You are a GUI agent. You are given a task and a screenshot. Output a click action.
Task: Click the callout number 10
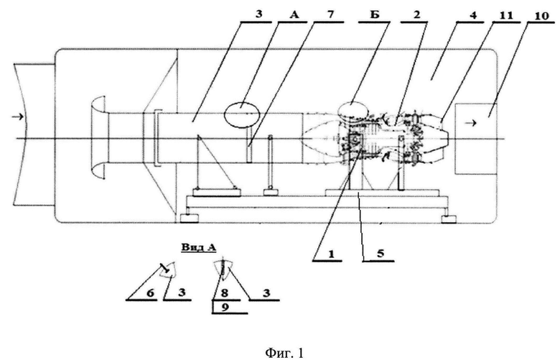point(542,16)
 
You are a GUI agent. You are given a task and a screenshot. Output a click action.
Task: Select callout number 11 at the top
point(506,15)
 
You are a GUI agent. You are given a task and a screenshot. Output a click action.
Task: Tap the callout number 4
point(474,16)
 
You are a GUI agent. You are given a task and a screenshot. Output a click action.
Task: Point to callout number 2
point(416,15)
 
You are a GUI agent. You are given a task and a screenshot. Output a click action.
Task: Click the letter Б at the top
point(375,15)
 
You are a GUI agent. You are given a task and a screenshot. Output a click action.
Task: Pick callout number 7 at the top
point(330,15)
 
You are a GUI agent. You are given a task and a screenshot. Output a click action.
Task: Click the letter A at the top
point(294,15)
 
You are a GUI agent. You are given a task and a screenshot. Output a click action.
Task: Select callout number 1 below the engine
point(331,254)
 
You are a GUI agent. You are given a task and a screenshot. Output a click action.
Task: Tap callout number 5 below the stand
point(380,254)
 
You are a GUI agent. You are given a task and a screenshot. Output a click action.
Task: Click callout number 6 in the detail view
point(150,293)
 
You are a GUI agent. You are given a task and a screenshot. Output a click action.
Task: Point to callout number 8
point(224,293)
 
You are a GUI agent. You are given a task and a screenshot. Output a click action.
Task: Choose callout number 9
point(225,307)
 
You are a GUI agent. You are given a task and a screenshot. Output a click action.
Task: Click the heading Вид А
point(199,247)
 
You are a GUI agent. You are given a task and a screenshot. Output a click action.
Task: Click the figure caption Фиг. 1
point(284,353)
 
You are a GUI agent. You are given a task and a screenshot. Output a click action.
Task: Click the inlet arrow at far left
point(18,116)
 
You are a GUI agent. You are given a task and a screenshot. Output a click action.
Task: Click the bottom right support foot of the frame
point(448,218)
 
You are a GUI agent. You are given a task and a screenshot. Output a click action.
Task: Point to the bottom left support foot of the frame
point(190,218)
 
